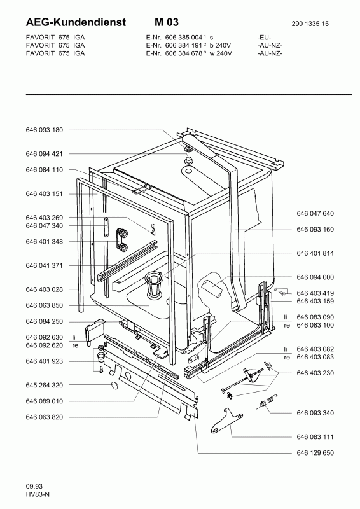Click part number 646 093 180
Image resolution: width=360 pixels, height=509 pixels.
(44, 130)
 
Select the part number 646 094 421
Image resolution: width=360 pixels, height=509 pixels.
(44, 154)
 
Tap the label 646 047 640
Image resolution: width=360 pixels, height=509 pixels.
(315, 213)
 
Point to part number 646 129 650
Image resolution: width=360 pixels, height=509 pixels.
(315, 453)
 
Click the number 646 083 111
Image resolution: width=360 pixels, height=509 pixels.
(315, 437)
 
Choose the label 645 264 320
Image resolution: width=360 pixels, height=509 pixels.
(44, 386)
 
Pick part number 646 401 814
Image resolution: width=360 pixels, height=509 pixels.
(315, 253)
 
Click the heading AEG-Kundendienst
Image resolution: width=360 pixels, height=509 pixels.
(76, 22)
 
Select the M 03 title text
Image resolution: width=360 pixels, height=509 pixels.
(167, 22)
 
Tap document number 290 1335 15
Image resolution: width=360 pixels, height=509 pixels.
(310, 24)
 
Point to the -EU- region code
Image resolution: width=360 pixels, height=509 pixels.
(264, 38)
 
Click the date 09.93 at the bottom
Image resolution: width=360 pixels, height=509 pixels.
(34, 486)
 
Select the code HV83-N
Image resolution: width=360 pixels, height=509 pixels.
(38, 494)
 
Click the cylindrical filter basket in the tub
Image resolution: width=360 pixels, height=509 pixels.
(153, 284)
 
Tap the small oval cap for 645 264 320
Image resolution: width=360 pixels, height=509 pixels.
(114, 386)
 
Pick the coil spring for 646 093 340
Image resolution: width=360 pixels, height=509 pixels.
(267, 403)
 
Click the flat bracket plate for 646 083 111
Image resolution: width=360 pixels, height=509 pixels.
(227, 421)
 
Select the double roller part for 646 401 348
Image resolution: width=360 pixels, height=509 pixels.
(121, 239)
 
